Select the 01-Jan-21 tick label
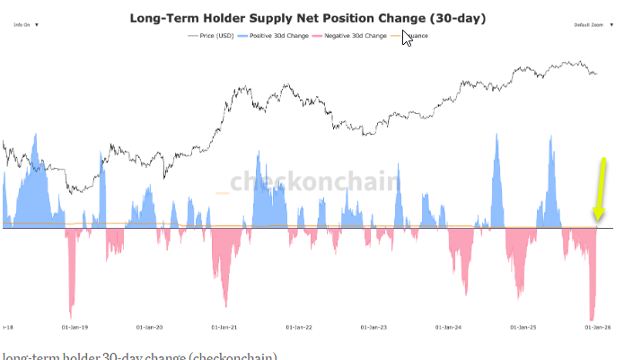click(224, 329)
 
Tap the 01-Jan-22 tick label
click(299, 329)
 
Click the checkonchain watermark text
click(313, 181)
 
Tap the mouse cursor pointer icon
click(407, 39)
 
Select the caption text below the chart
click(139, 356)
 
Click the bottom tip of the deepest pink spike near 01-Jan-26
click(591, 320)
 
